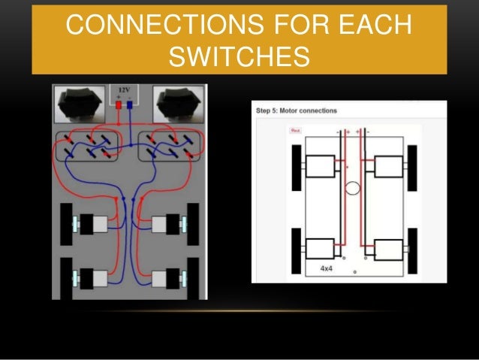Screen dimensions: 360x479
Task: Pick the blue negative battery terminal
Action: click(130, 106)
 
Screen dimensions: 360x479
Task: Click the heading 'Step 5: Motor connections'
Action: click(297, 110)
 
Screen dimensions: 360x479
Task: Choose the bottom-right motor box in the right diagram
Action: click(387, 250)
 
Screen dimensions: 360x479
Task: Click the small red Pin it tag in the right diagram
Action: click(295, 130)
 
